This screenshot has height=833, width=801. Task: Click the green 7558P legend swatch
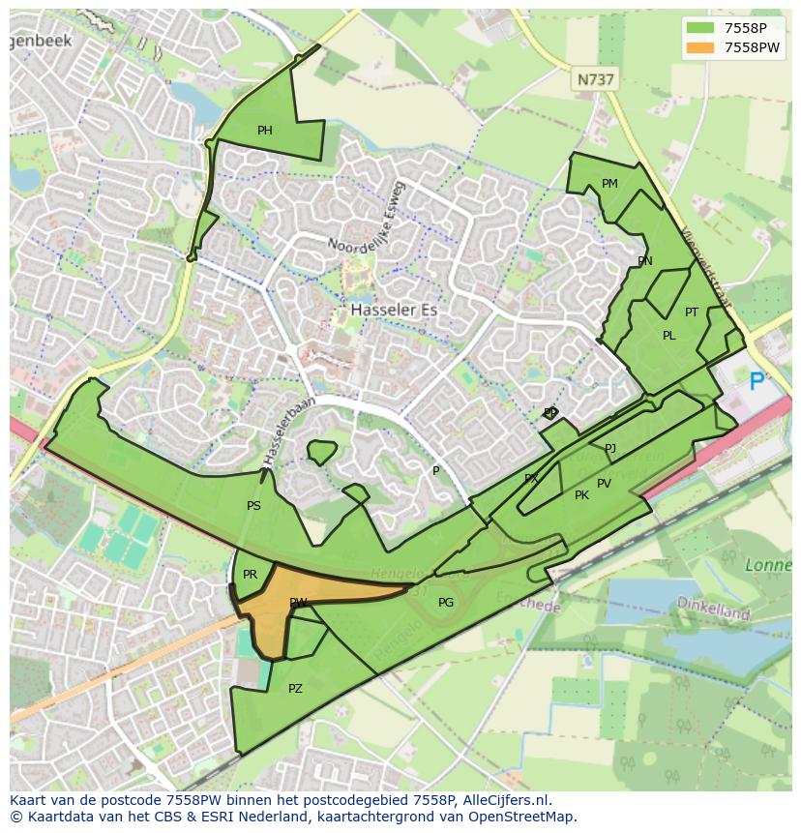(x=701, y=29)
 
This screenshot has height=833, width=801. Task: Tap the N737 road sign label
(x=595, y=80)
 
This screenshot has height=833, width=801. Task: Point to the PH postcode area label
(x=264, y=131)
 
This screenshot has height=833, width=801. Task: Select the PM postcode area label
(x=609, y=184)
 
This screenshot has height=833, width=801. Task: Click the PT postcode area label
(x=692, y=312)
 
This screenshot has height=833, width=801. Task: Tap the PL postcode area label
(x=668, y=336)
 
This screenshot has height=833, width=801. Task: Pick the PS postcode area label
(x=253, y=506)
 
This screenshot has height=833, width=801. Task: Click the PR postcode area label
(x=250, y=575)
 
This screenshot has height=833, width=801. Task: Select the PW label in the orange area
(x=298, y=603)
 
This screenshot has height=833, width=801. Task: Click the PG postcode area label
(x=445, y=603)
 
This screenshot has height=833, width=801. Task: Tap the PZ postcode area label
(x=295, y=689)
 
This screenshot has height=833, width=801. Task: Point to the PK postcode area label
(x=581, y=495)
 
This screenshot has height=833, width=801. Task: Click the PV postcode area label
(x=604, y=484)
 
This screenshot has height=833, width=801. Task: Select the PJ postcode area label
(x=609, y=448)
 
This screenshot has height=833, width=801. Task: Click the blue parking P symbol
(x=756, y=382)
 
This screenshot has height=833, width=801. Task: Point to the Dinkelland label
(x=714, y=613)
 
